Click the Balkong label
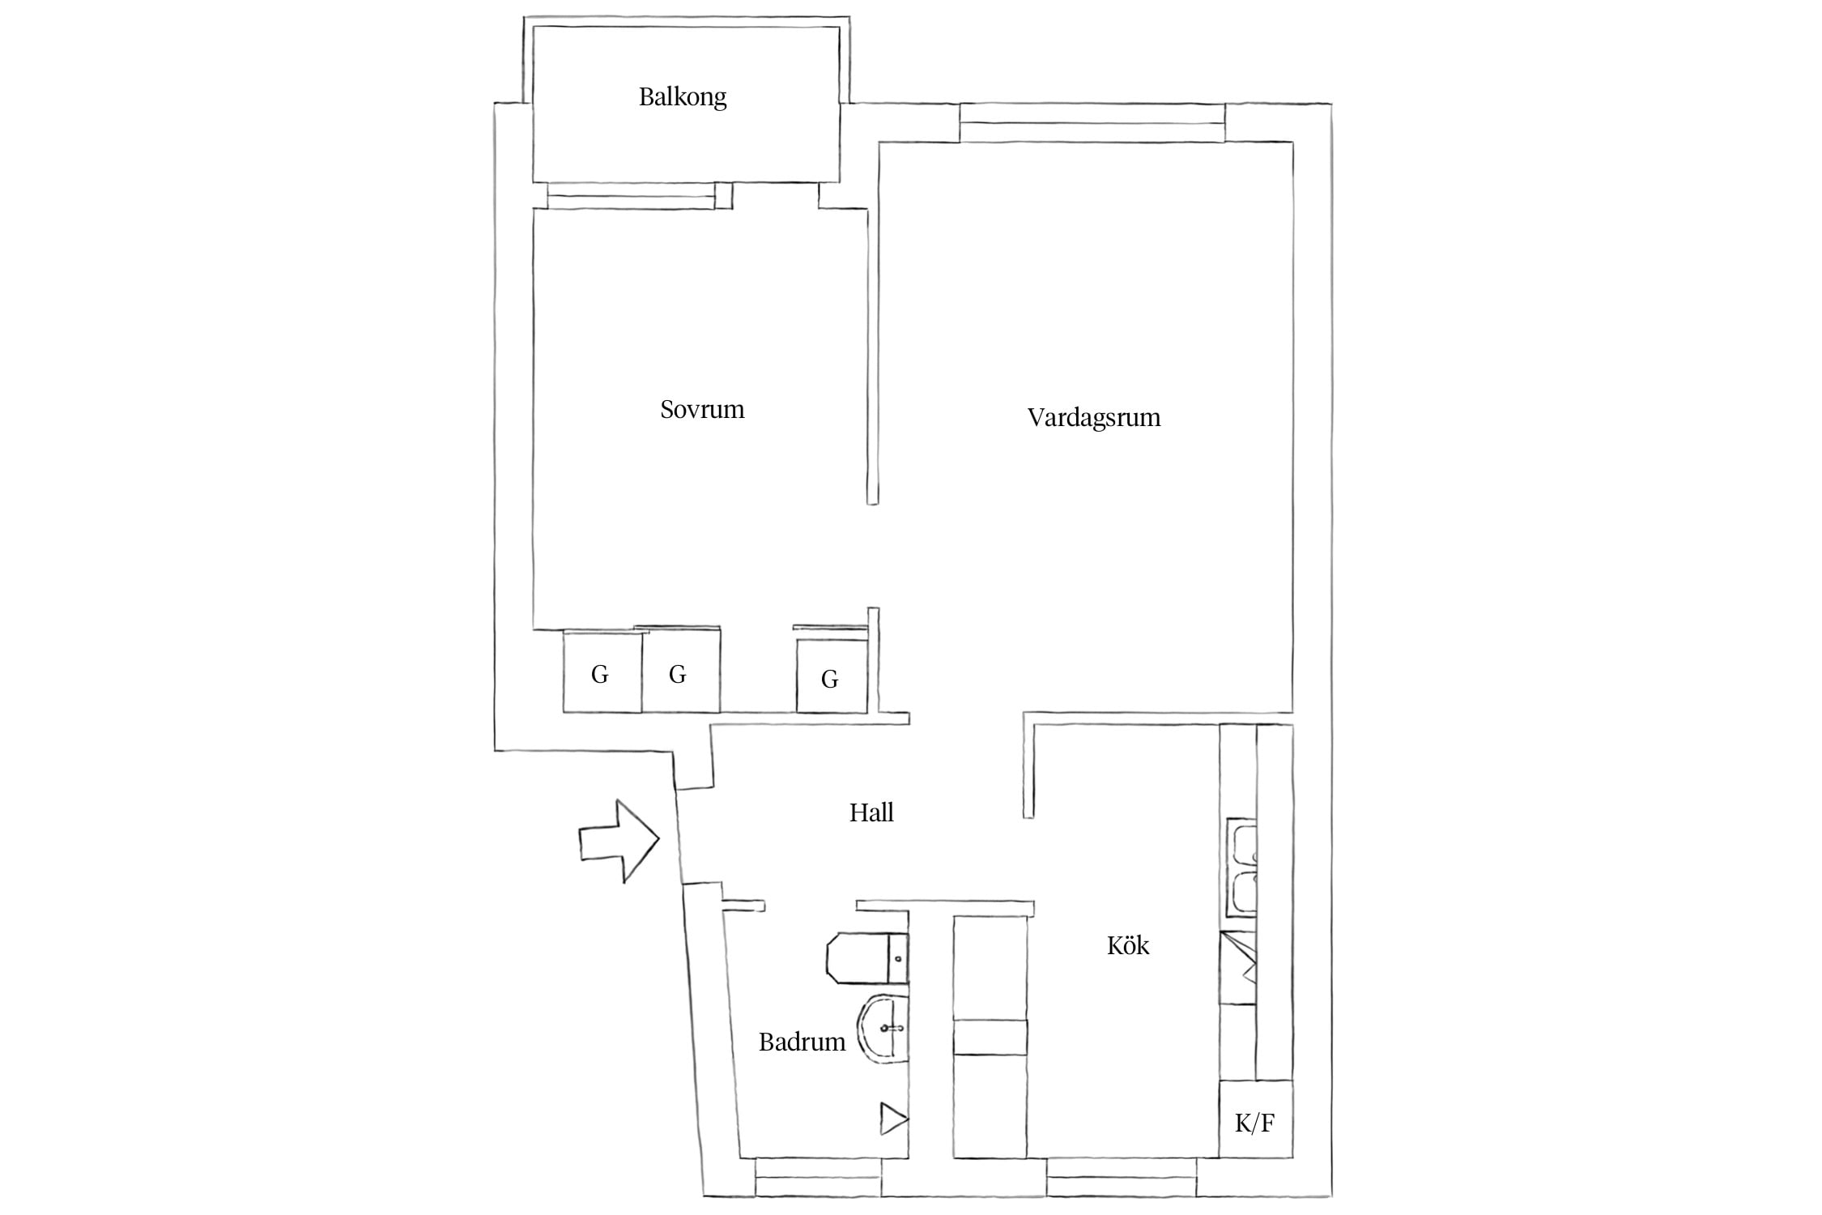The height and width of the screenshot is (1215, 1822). [x=683, y=97]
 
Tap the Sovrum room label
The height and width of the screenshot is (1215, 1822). [x=702, y=409]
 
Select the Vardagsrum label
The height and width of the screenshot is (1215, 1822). [x=1094, y=417]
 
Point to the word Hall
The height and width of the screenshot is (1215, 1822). [x=871, y=812]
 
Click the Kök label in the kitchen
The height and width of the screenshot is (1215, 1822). [x=1128, y=944]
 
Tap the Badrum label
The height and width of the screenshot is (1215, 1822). [x=802, y=1042]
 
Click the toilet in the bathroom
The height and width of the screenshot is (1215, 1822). [x=867, y=957]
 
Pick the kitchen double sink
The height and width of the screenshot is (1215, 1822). [x=1241, y=867]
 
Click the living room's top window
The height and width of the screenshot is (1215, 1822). [x=1092, y=123]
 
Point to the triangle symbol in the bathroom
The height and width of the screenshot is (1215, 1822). [x=894, y=1120]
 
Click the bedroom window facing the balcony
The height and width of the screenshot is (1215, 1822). [x=632, y=196]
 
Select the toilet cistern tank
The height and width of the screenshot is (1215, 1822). [x=898, y=957]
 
